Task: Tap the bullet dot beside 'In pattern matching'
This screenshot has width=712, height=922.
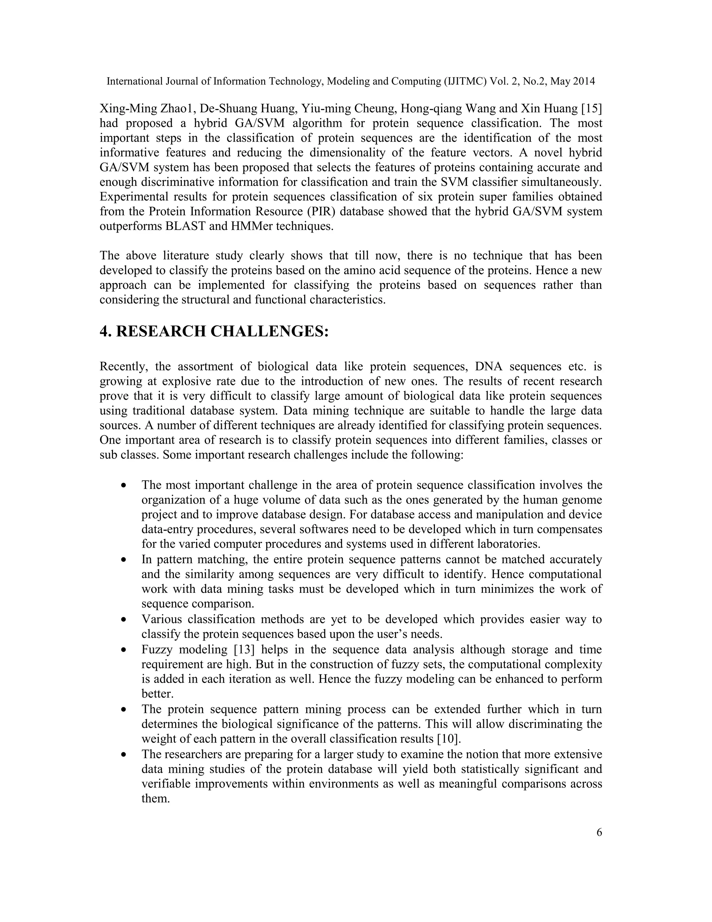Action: pyautogui.click(x=123, y=561)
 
